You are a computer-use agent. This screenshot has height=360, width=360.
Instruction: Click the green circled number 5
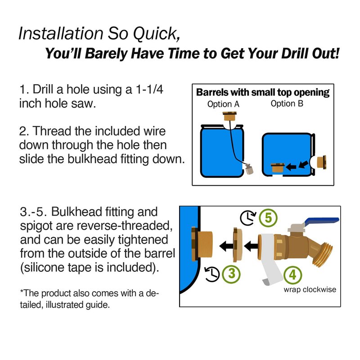(x=268, y=218)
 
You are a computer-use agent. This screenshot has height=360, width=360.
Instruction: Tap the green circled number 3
(x=231, y=274)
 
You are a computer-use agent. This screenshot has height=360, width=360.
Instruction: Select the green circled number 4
(x=292, y=275)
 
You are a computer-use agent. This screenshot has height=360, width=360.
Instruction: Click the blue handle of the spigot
(x=321, y=221)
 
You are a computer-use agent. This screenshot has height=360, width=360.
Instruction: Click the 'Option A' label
(x=223, y=104)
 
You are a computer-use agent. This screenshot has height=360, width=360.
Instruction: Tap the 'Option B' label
(x=287, y=103)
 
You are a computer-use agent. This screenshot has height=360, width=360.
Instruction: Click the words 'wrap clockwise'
(x=310, y=289)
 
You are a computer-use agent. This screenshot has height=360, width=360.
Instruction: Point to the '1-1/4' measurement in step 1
(x=149, y=89)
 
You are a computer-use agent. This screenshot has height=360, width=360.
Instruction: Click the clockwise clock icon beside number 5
(x=248, y=218)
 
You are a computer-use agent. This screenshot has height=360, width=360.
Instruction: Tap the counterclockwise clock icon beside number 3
(x=211, y=274)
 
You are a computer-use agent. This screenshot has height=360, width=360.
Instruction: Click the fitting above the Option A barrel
(x=229, y=116)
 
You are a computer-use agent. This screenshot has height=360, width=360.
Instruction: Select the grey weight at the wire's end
(x=248, y=170)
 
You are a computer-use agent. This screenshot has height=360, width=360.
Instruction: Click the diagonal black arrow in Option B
(x=303, y=164)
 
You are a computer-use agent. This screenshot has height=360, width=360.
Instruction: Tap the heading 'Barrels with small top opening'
(x=263, y=92)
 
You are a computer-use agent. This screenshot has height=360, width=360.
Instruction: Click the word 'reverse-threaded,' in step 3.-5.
(x=125, y=226)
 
